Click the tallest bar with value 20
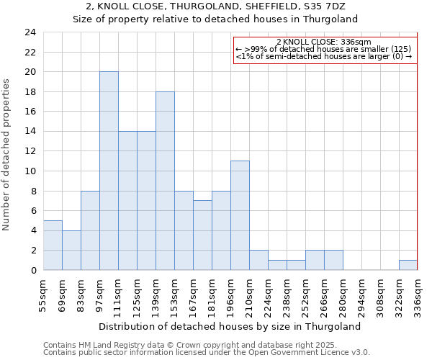pos(109,171)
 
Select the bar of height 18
pos(165,181)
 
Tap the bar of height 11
pos(240,215)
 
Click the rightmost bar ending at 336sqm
pos(408,265)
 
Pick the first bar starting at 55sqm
pos(53,245)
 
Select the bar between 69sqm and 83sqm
pos(71,250)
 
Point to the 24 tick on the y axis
pos(30,32)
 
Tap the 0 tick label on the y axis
pos(33,271)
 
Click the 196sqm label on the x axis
pos(230,294)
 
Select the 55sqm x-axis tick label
pos(43,294)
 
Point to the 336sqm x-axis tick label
pos(418,294)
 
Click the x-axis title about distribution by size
pos(229,326)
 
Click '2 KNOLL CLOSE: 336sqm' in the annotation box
pos(324,42)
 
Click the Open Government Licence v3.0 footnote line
pos(206,353)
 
